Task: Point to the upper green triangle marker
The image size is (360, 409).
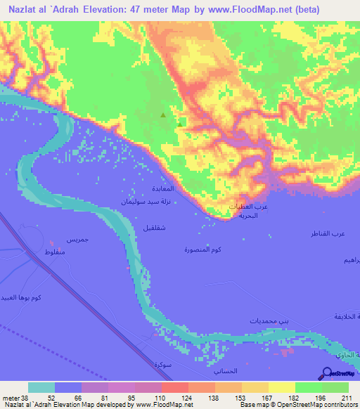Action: [x=163, y=115]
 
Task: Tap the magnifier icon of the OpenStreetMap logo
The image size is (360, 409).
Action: [x=329, y=374]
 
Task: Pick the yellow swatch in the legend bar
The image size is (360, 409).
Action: [x=281, y=387]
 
